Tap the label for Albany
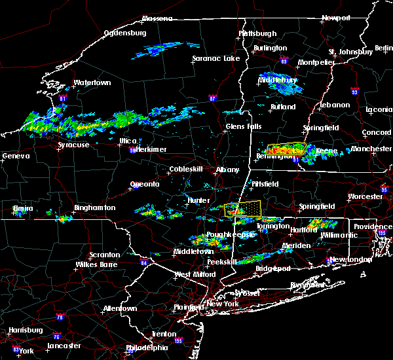[228, 170]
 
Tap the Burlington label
[270, 48]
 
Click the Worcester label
[365, 196]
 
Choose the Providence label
[373, 226]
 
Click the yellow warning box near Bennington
[286, 149]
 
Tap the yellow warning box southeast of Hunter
[242, 209]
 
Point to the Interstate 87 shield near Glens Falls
[212, 98]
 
